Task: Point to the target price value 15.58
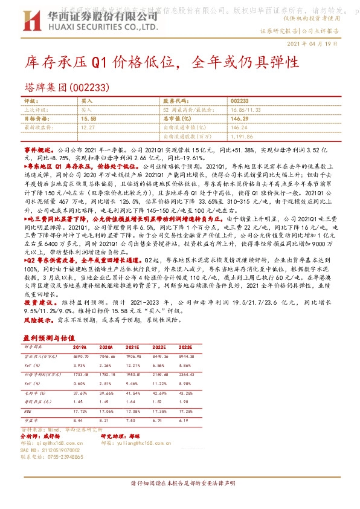click(88, 119)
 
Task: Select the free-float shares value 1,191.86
click(242, 137)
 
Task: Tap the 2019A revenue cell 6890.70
click(81, 357)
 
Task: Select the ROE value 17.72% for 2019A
click(81, 410)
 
